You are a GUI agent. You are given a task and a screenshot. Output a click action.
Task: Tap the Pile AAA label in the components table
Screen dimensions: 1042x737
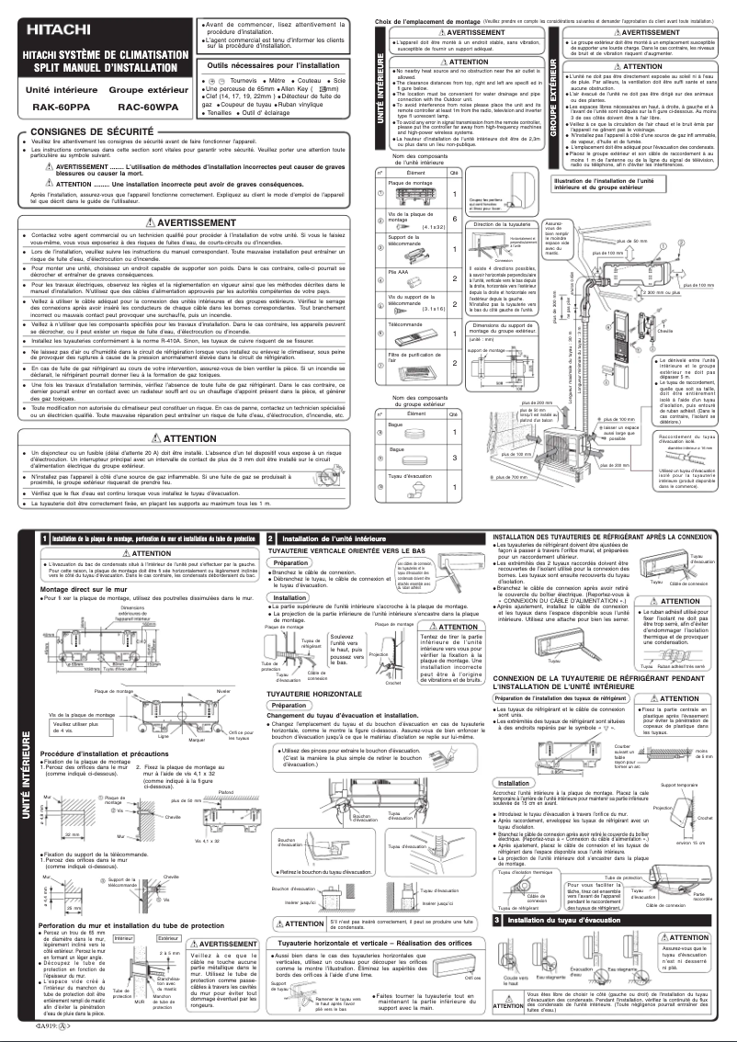pos(397,272)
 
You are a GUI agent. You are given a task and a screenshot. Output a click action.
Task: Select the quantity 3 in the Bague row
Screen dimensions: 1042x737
pos(454,457)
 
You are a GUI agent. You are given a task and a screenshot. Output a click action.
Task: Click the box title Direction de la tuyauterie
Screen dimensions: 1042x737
pos(501,223)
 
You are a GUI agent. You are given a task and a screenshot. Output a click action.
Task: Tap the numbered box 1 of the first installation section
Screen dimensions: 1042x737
pos(43,538)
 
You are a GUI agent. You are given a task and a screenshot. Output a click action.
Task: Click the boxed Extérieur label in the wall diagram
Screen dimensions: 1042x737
pos(168,938)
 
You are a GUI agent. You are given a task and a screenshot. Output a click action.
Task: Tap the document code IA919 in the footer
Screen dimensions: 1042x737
pos(53,1023)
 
